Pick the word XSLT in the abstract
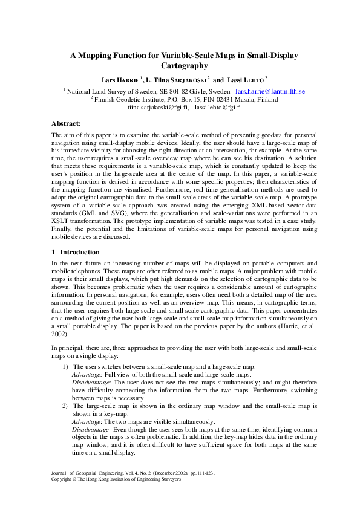62,222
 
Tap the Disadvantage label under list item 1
91,383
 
